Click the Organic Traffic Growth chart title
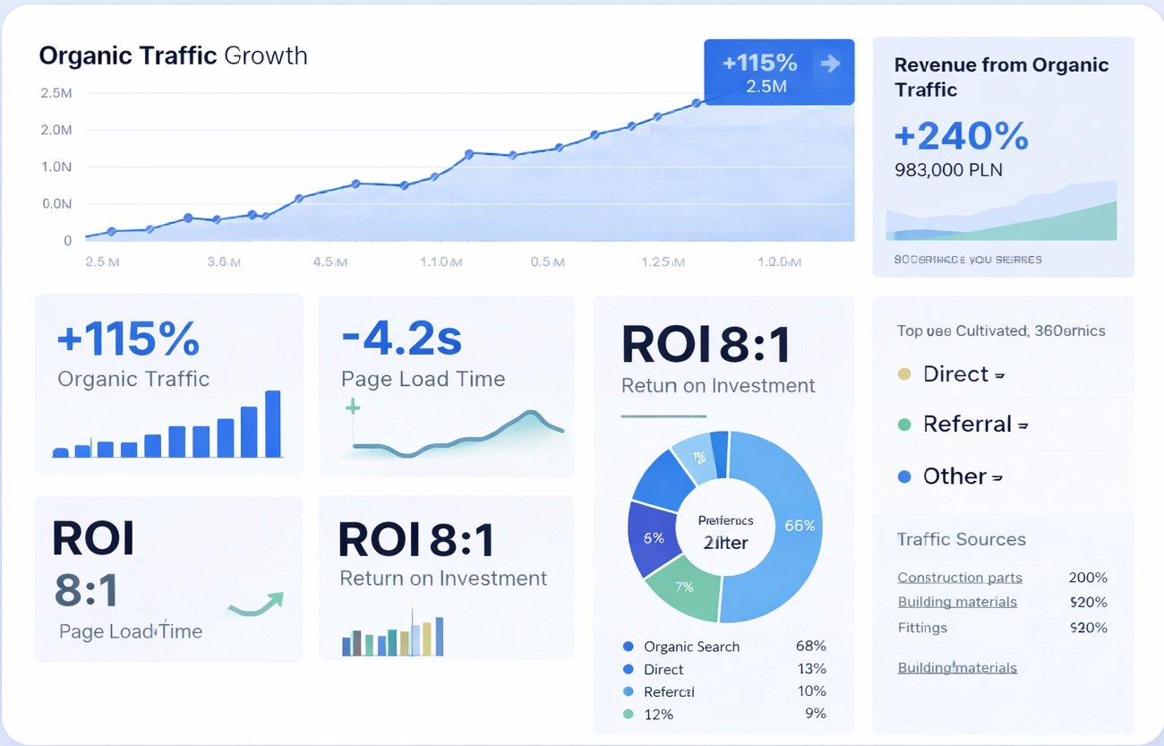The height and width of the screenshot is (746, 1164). (x=173, y=56)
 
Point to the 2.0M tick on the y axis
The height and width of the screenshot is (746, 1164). (x=56, y=130)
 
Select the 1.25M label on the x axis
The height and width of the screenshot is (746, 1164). (x=663, y=262)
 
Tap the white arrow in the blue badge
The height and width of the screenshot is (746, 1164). (x=830, y=63)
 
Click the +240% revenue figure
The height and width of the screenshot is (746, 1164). (x=961, y=136)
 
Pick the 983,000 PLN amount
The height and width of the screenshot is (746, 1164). (x=948, y=170)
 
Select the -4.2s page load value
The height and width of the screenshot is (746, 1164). (x=401, y=339)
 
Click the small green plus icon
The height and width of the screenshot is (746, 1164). (x=353, y=408)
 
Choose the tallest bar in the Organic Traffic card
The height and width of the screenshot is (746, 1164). (x=273, y=424)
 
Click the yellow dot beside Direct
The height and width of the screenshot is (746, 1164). (x=904, y=374)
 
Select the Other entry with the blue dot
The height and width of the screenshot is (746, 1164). (x=954, y=476)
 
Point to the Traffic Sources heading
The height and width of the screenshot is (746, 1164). (x=961, y=539)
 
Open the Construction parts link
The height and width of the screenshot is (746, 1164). (x=959, y=578)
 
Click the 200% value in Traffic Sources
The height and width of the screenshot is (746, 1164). (x=1088, y=578)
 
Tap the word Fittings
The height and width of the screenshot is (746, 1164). (x=922, y=628)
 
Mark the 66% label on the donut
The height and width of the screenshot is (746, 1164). (x=799, y=526)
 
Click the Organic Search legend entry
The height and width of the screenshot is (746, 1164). (x=691, y=647)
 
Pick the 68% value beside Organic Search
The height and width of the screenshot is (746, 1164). (x=810, y=646)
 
